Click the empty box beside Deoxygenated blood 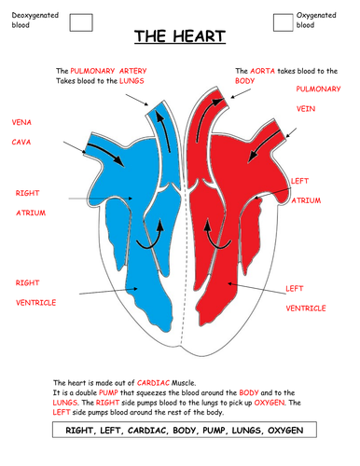[81, 22]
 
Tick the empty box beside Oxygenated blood [283, 22]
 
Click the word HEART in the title [199, 36]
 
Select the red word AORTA [262, 71]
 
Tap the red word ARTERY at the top [132, 71]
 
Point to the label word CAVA [21, 142]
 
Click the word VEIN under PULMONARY [306, 109]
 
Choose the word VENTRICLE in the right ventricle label [35, 303]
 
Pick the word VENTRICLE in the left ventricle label [306, 308]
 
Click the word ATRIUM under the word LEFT [306, 200]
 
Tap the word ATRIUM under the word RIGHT [31, 212]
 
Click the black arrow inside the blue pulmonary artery [162, 131]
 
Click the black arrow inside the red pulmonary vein [265, 146]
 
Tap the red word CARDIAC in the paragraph [153, 383]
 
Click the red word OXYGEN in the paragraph [270, 403]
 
